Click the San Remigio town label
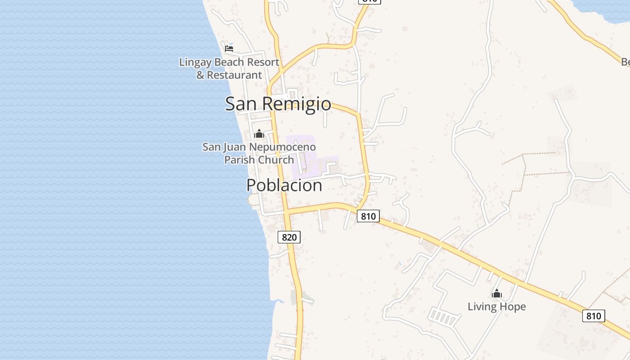[x=278, y=103]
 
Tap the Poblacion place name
[x=284, y=185]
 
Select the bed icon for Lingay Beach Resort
[x=229, y=49]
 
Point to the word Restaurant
[x=234, y=75]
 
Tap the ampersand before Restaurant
[x=200, y=75]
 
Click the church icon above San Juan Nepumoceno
[x=259, y=134]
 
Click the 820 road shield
[x=289, y=237]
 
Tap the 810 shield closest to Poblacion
[x=368, y=216]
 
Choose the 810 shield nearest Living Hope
[x=594, y=316]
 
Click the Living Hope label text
[x=496, y=307]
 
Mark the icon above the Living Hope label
[x=496, y=294]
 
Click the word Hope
[x=511, y=307]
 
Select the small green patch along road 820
[x=297, y=297]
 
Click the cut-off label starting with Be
[x=625, y=62]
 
